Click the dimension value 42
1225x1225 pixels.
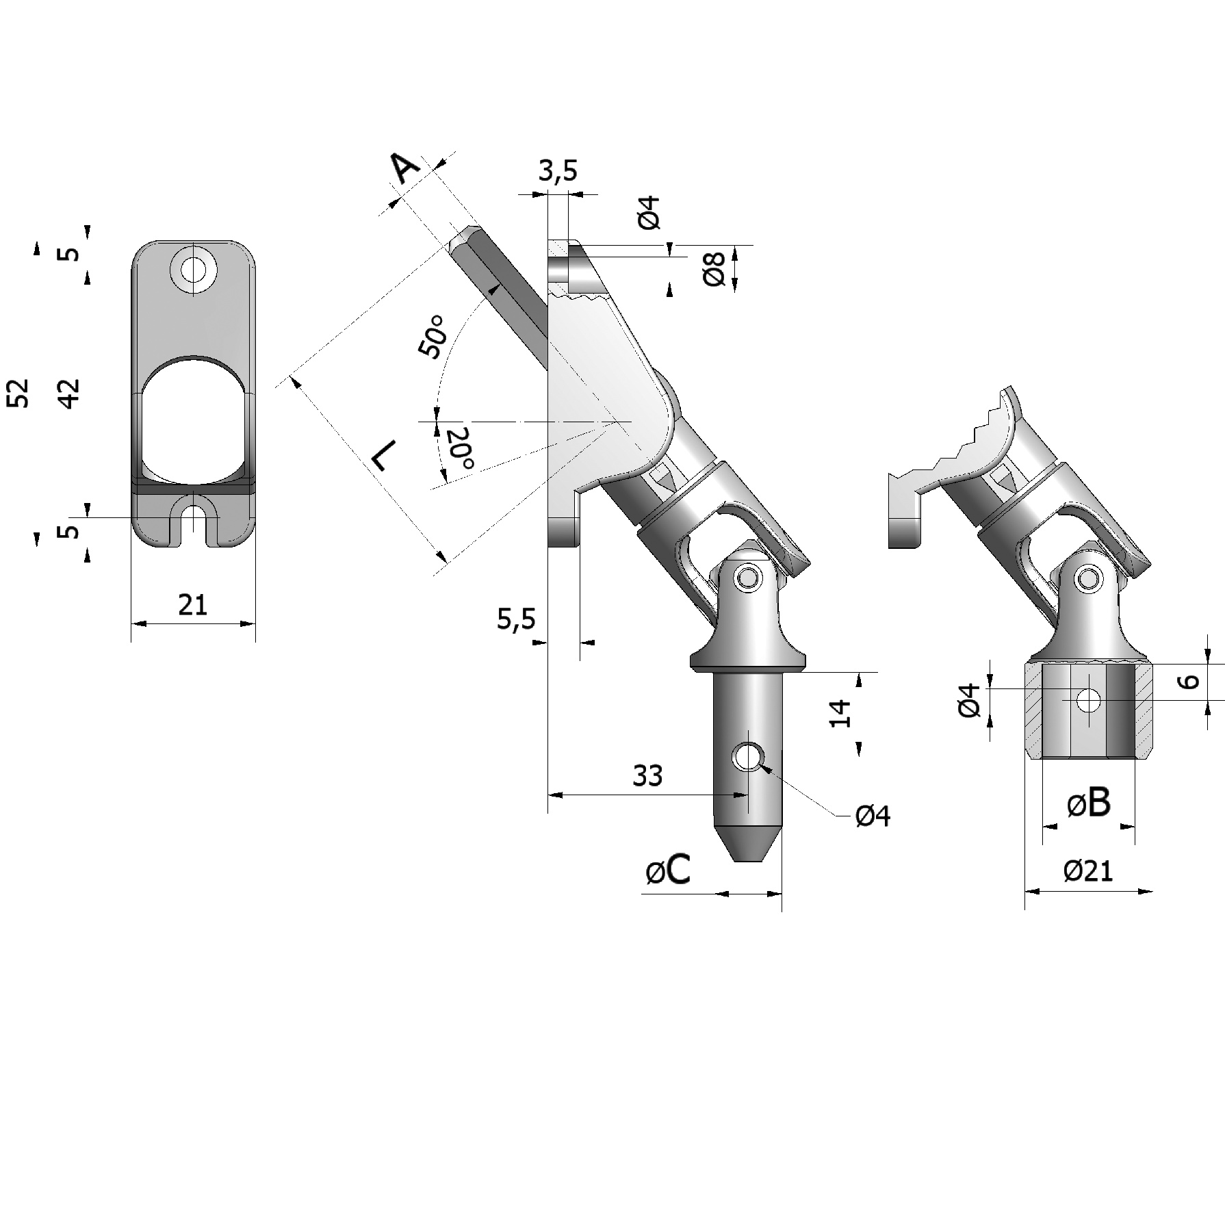[x=69, y=394]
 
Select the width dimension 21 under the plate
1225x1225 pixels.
[x=192, y=605]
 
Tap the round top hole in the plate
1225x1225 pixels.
[x=193, y=268]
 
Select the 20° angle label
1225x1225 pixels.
[x=460, y=449]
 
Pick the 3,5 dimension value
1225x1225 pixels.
[x=558, y=171]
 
